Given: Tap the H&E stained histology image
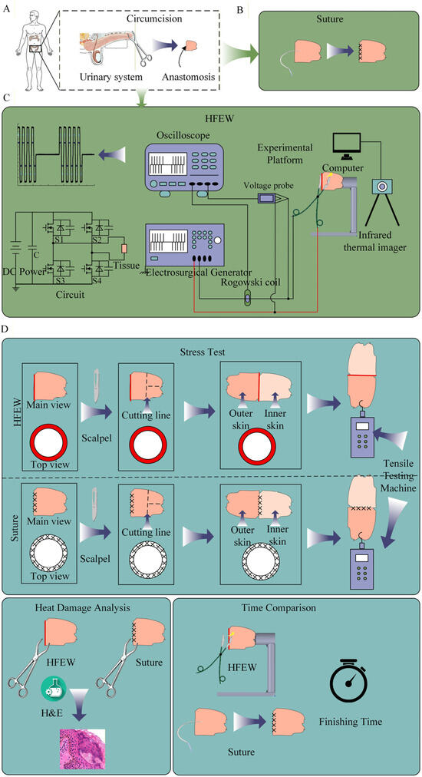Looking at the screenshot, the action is [x=82, y=749].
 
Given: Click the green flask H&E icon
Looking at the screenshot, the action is [x=53, y=687].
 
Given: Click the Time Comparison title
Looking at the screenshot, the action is [x=279, y=607].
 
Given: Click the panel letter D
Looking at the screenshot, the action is [x=5, y=329].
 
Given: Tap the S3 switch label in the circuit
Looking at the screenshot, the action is [x=61, y=280].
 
